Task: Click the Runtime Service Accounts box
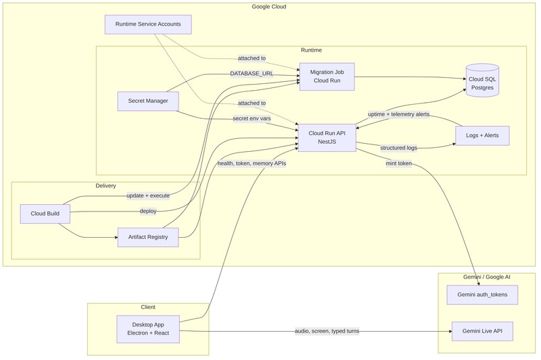point(148,25)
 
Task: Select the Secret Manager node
point(148,101)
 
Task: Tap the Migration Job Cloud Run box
point(327,76)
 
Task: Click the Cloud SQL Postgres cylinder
point(483,81)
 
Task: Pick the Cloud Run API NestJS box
point(327,137)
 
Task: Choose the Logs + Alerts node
point(482,136)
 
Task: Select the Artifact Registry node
point(148,236)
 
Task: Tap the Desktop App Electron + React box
point(148,329)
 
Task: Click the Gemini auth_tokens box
point(482,295)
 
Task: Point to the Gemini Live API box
point(482,331)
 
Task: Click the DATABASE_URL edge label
point(251,73)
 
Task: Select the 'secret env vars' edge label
point(251,118)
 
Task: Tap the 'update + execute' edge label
point(148,195)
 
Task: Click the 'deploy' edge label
point(148,211)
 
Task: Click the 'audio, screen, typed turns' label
point(327,331)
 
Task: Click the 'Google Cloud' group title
point(270,7)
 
